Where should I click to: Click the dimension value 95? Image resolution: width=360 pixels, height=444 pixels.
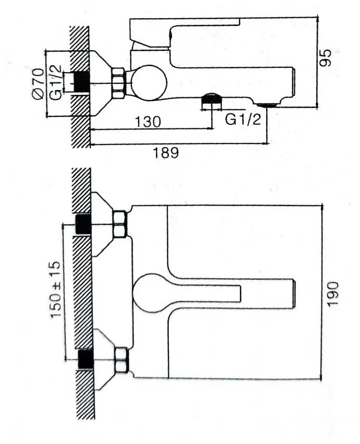click(x=325, y=58)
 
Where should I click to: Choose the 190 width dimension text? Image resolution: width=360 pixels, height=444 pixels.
click(x=333, y=293)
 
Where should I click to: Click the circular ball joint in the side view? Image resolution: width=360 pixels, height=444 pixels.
click(x=148, y=82)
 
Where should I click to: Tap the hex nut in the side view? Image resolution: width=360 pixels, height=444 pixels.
click(x=119, y=83)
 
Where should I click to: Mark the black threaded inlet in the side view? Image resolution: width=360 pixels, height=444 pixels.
click(x=81, y=82)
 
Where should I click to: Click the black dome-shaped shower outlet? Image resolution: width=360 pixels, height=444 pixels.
click(x=211, y=98)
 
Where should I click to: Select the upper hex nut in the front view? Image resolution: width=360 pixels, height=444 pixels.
click(x=120, y=224)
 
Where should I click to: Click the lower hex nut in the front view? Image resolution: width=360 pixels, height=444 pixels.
click(x=122, y=360)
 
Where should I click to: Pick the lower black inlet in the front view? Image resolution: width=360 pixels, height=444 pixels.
click(x=84, y=359)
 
